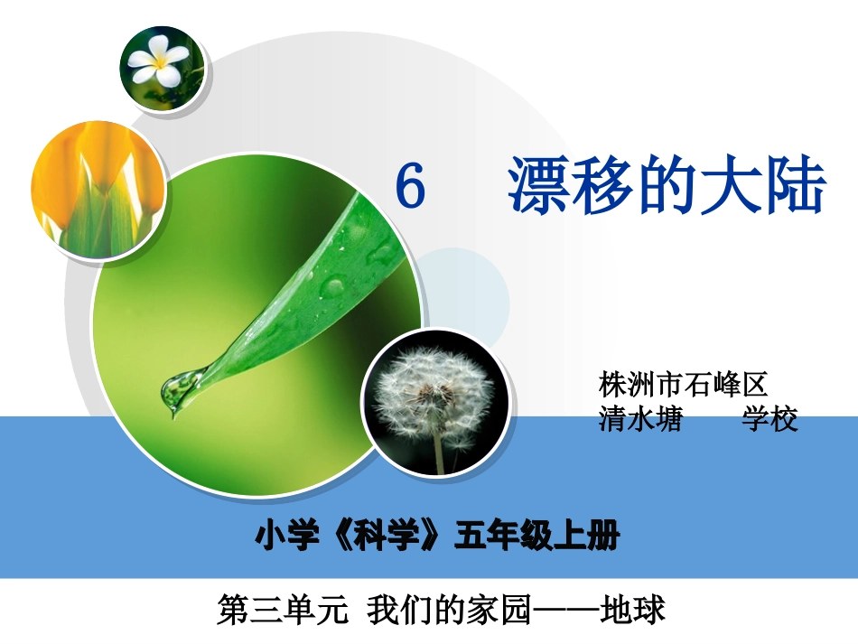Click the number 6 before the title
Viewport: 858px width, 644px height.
[x=411, y=189]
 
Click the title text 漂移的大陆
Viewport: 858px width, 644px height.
[x=667, y=187]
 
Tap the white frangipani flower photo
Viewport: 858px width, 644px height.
[x=162, y=68]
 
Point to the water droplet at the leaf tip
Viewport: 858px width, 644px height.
[x=177, y=389]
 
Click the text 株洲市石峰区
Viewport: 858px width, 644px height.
[x=683, y=386]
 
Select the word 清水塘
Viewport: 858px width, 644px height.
[x=640, y=420]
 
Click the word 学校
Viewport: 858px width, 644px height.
[x=770, y=420]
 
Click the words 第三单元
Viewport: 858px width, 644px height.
[x=283, y=611]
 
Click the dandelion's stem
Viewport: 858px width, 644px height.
[x=439, y=451]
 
